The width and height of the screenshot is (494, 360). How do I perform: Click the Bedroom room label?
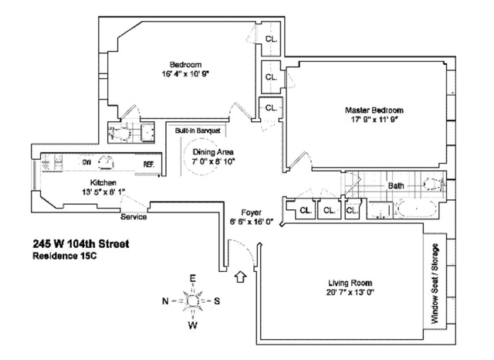click(185, 64)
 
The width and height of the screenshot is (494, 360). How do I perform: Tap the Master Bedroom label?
click(374, 110)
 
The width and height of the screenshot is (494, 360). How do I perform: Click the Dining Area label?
click(214, 152)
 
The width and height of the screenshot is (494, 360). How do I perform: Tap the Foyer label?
click(252, 212)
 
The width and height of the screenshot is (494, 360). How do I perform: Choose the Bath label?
click(396, 186)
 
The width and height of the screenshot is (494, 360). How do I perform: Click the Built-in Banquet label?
click(198, 131)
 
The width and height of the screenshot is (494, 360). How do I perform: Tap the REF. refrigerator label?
click(148, 164)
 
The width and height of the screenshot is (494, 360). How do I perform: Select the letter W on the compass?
click(193, 324)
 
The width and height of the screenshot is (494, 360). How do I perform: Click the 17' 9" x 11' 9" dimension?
click(374, 121)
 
